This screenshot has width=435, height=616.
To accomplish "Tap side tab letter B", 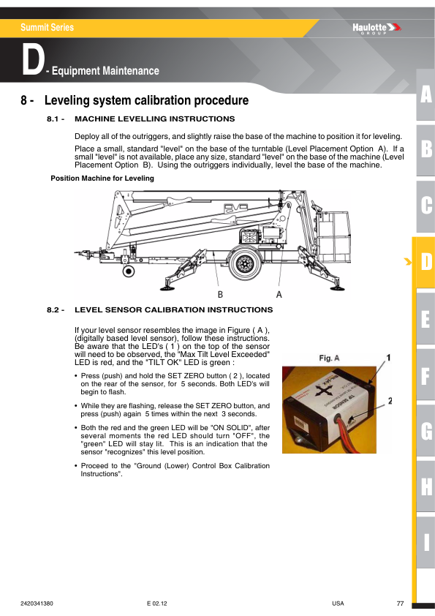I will [x=425, y=150].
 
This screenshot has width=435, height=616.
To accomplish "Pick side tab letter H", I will [x=425, y=486].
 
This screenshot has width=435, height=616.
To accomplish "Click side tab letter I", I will [x=425, y=542].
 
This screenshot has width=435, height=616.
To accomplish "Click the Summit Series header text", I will [x=47, y=28].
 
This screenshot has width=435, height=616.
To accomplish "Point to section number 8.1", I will [x=56, y=119].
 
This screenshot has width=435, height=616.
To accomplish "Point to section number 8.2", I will [x=56, y=310].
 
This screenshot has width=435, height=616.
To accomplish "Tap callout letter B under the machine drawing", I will [x=219, y=293].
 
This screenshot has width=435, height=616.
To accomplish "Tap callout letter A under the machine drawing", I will [x=279, y=293].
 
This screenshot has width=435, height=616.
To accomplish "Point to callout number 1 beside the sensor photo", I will [x=389, y=358].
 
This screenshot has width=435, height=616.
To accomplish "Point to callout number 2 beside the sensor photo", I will [x=390, y=401].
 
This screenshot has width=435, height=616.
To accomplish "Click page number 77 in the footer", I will [x=400, y=604].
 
